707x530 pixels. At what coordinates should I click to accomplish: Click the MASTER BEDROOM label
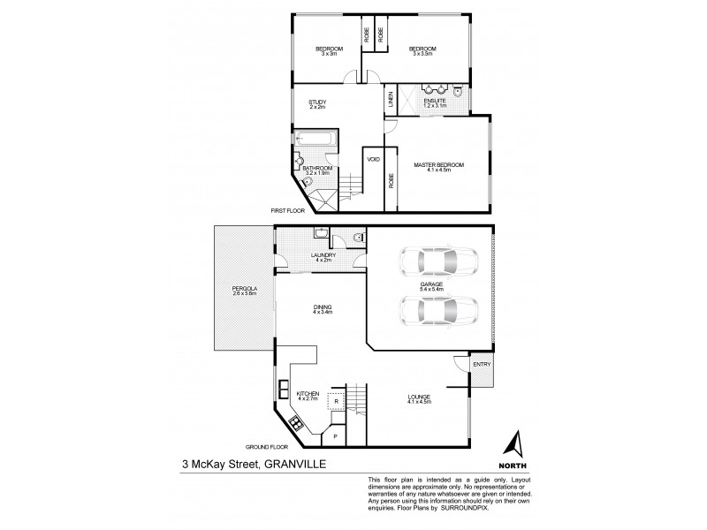[438, 165]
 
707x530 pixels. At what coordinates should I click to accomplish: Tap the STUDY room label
[317, 102]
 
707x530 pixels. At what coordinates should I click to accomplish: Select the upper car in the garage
[438, 261]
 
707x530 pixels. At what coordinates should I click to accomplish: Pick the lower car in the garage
[438, 311]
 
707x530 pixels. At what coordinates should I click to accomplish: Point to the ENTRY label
[482, 365]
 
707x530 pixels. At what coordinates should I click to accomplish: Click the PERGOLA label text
[245, 289]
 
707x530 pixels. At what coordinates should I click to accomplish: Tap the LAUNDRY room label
[323, 255]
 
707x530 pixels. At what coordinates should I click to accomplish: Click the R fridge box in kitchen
[337, 400]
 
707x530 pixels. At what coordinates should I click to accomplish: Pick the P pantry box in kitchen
[335, 435]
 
